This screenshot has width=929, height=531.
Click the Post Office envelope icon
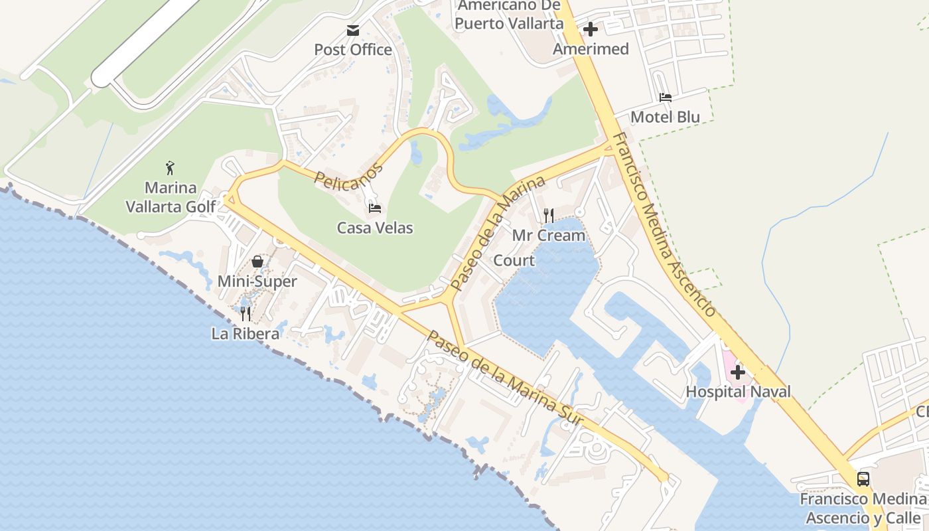click(x=352, y=31)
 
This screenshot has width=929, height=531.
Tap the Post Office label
click(x=352, y=50)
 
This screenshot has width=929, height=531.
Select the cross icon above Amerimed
click(x=590, y=29)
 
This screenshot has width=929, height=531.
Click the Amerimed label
click(x=591, y=49)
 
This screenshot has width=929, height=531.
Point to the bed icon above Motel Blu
click(x=665, y=98)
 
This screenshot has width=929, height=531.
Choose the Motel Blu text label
click(x=665, y=117)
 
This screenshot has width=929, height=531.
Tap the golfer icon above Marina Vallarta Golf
click(x=170, y=168)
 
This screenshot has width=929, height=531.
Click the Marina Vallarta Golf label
click(x=171, y=196)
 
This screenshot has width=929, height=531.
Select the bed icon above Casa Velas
click(x=375, y=208)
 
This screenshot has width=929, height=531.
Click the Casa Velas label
click(x=375, y=228)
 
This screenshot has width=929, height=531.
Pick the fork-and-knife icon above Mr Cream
click(x=548, y=216)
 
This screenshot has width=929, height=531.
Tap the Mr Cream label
click(x=549, y=236)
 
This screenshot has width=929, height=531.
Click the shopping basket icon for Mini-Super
click(x=257, y=262)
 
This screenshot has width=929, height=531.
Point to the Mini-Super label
click(x=257, y=281)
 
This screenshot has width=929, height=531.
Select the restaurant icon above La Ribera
click(x=246, y=313)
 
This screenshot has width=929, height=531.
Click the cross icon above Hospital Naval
click(x=737, y=372)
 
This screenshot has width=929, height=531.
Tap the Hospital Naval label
click(x=738, y=392)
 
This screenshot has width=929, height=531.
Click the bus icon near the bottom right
click(x=863, y=479)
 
